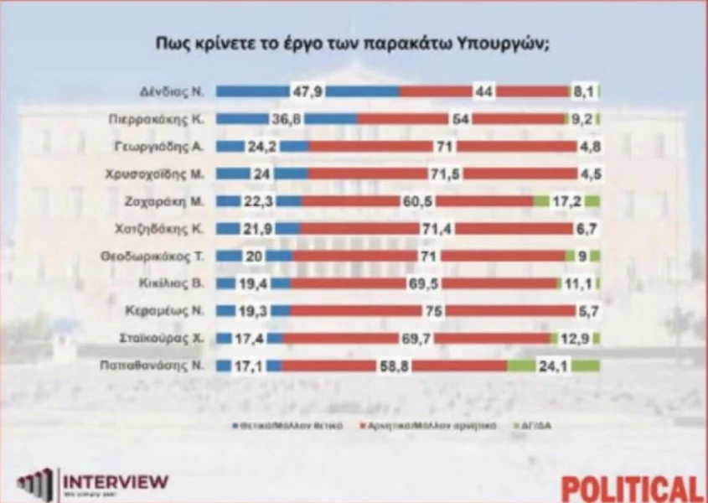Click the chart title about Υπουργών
click(x=353, y=44)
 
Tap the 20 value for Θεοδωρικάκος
click(x=255, y=256)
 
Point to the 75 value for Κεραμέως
click(x=433, y=310)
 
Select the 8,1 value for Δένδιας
click(x=582, y=91)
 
